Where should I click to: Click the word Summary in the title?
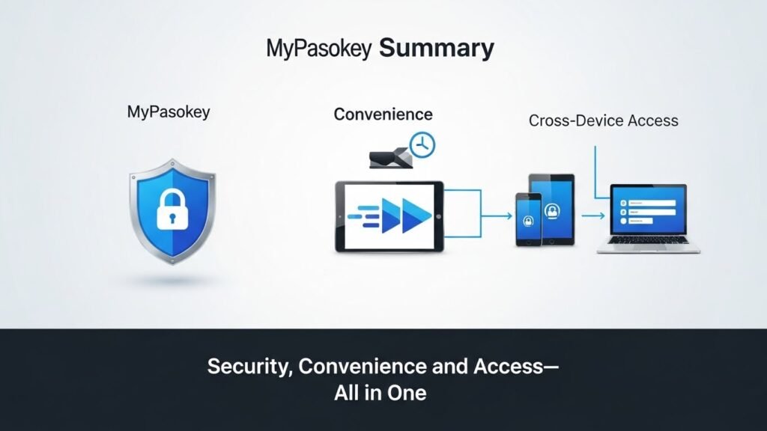(x=437, y=49)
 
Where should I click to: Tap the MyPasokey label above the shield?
(x=169, y=113)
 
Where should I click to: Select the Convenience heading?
(x=383, y=114)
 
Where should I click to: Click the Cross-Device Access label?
(x=603, y=120)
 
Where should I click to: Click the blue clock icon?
(x=423, y=144)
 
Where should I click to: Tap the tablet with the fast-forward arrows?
(x=389, y=214)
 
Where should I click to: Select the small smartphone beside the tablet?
(x=528, y=219)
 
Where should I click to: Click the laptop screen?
(x=648, y=212)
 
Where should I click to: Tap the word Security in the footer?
(x=238, y=367)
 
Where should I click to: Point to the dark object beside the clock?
(x=389, y=156)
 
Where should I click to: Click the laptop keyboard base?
(x=649, y=248)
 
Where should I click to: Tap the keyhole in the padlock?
(x=172, y=218)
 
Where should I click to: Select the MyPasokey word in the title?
(x=320, y=49)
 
